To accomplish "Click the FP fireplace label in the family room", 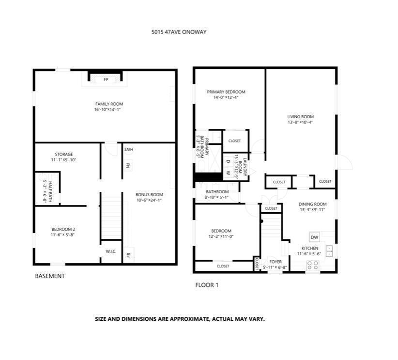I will click(106, 79).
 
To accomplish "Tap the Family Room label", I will click(109, 104).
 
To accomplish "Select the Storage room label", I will click(63, 154).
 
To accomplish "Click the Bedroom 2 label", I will click(63, 229).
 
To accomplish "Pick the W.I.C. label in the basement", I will click(111, 251).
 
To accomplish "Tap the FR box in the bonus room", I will click(129, 255).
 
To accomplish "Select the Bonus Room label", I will click(149, 195).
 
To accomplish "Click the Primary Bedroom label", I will click(226, 92).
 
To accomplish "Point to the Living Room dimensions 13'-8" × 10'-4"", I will click(300, 122).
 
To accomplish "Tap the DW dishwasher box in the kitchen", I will click(314, 237).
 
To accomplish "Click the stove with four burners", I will click(313, 265).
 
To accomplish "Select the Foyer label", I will click(275, 262).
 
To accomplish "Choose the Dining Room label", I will click(312, 204).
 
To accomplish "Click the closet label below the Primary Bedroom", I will click(235, 141).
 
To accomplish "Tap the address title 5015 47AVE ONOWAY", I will click(179, 33).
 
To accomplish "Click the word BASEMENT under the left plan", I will click(50, 276).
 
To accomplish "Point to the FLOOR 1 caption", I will click(207, 285).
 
